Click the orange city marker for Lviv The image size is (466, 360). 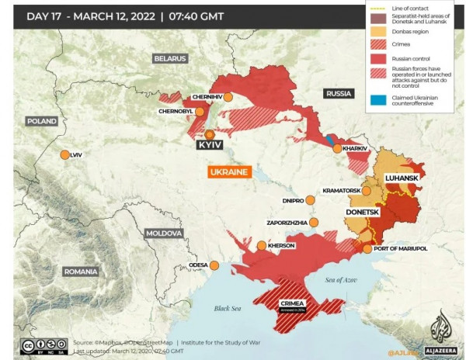pos(64,154)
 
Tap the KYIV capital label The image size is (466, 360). pos(210,145)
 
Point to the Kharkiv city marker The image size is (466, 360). pos(337,148)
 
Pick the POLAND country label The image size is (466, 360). pos(41,121)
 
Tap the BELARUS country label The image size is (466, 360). pos(170,58)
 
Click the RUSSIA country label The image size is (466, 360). pos(339,93)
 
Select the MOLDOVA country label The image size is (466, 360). pos(164,233)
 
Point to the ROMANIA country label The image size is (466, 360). pos(81,272)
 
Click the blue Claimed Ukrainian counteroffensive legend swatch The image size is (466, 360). pos(377,100)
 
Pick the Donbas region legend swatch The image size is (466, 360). pos(377,33)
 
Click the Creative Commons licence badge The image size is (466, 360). pos(43,344)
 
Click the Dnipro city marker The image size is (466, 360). pos(311,199)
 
